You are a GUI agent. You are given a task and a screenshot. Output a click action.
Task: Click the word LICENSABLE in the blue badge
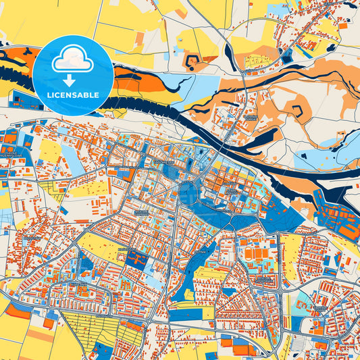click(72, 95)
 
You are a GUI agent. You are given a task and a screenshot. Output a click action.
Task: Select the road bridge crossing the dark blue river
click(226, 138)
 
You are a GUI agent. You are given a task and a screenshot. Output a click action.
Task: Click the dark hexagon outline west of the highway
click(192, 62)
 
